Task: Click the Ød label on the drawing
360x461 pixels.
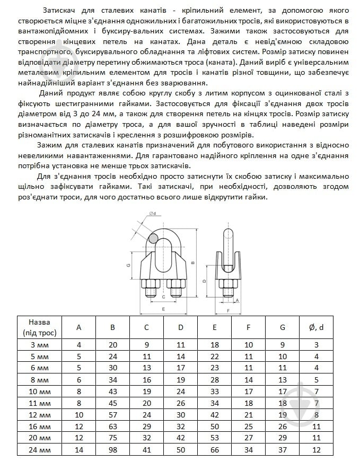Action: tap(153, 213)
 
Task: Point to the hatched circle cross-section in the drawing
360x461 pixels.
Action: tap(154, 239)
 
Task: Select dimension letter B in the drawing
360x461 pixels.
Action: tap(193, 262)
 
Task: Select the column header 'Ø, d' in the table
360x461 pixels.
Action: tap(317, 327)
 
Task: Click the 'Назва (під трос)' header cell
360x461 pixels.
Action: tap(40, 327)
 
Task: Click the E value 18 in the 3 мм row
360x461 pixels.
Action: tap(215, 345)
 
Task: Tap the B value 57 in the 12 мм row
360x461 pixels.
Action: tap(112, 414)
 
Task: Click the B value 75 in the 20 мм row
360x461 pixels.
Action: tap(112, 438)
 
